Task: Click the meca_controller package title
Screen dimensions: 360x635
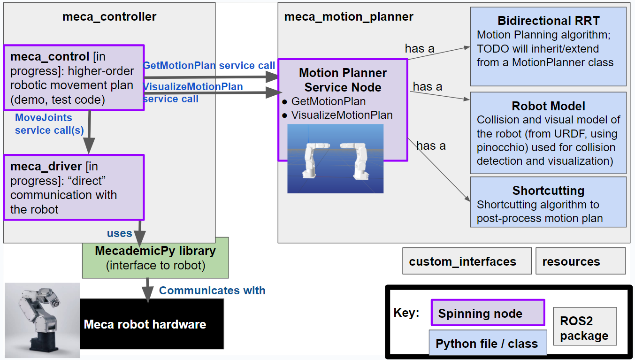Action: pyautogui.click(x=109, y=17)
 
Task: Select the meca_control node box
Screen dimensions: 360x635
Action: pyautogui.click(x=73, y=78)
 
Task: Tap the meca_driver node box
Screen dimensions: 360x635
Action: pyautogui.click(x=73, y=188)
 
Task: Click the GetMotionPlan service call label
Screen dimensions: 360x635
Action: pyautogui.click(x=209, y=65)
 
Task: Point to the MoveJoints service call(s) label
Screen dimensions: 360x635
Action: pyautogui.click(x=44, y=124)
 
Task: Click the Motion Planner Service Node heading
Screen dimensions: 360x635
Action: pyautogui.click(x=343, y=80)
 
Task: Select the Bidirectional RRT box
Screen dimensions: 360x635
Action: pyautogui.click(x=548, y=47)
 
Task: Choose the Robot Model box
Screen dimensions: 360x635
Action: pyautogui.click(x=548, y=133)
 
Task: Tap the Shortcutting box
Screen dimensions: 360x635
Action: pyautogui.click(x=548, y=202)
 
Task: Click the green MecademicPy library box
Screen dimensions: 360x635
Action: pyautogui.click(x=155, y=258)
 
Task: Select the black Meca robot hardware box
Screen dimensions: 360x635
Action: pyautogui.click(x=152, y=324)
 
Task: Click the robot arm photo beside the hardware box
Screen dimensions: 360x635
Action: pyautogui.click(x=42, y=320)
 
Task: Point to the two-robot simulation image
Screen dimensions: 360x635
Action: pyautogui.click(x=335, y=159)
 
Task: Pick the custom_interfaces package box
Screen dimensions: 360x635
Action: pyautogui.click(x=467, y=261)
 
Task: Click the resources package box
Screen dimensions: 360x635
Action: pyautogui.click(x=580, y=261)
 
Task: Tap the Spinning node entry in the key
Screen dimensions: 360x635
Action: pyautogui.click(x=488, y=313)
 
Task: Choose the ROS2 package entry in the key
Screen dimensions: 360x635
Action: pyautogui.click(x=584, y=328)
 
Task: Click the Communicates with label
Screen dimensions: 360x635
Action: pyautogui.click(x=212, y=291)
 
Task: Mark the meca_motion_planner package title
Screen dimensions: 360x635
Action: pyautogui.click(x=349, y=17)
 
